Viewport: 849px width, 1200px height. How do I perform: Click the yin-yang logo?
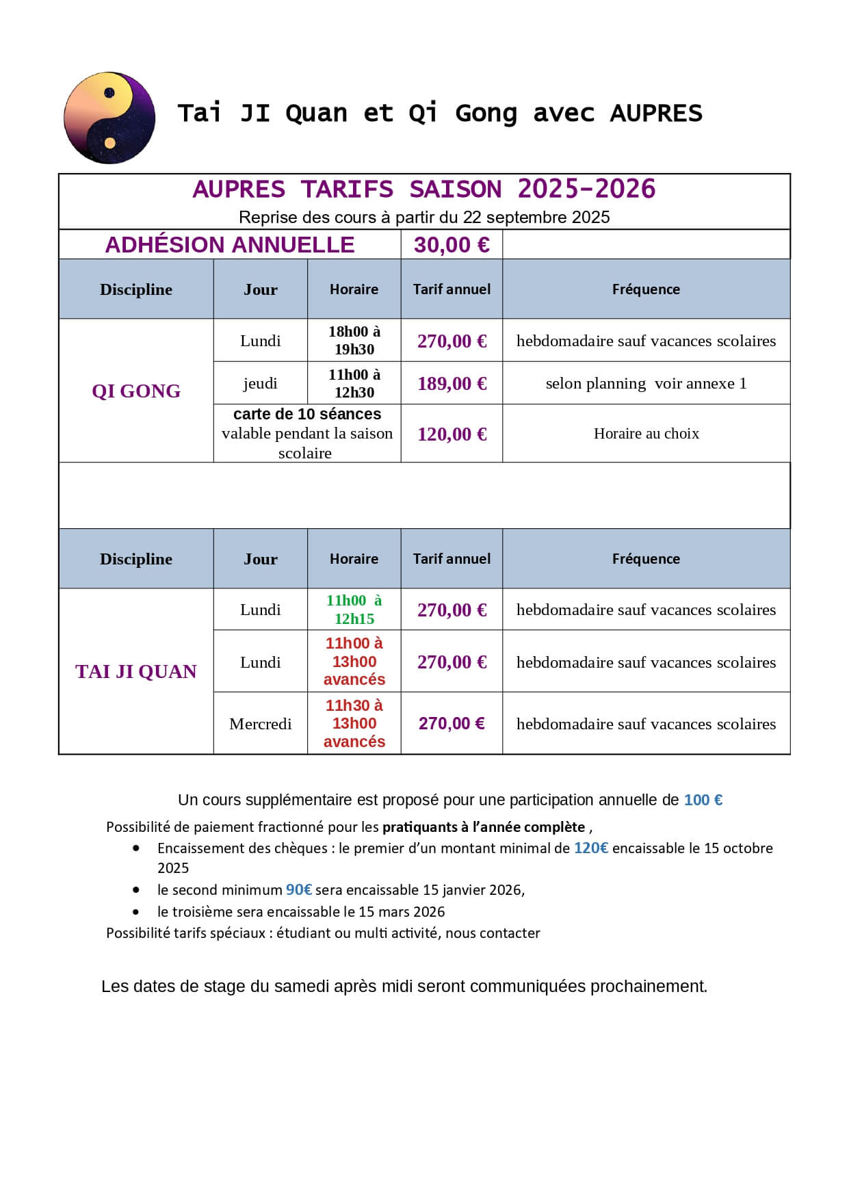click(x=109, y=118)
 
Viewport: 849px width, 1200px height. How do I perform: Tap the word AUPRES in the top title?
click(x=655, y=113)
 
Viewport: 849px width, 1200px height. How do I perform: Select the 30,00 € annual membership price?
click(x=452, y=245)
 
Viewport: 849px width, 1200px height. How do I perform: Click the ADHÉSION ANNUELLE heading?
click(x=229, y=245)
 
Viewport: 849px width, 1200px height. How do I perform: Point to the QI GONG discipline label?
click(x=136, y=391)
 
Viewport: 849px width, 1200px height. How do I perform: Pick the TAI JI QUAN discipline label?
click(x=136, y=671)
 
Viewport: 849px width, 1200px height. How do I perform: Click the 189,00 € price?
click(x=452, y=383)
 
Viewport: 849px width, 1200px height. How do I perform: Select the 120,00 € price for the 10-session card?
click(x=452, y=434)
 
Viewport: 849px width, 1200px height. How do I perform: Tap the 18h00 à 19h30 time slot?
click(x=354, y=340)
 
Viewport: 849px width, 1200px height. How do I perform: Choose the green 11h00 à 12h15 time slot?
click(x=354, y=610)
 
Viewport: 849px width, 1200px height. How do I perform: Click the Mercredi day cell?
click(x=260, y=724)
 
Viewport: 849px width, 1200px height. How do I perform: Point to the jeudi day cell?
click(x=260, y=383)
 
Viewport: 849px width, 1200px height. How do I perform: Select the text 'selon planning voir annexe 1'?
click(x=646, y=383)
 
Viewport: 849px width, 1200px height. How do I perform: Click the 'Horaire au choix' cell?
click(x=646, y=434)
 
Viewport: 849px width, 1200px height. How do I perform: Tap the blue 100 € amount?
click(x=703, y=800)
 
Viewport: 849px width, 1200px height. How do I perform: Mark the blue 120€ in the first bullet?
click(x=590, y=848)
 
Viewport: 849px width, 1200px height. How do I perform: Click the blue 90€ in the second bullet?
click(x=299, y=890)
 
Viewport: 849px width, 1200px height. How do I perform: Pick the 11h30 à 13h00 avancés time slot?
click(x=354, y=723)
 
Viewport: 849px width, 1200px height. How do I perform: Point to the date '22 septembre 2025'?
click(x=536, y=218)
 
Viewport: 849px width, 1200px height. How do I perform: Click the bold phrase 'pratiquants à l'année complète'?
click(x=483, y=827)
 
